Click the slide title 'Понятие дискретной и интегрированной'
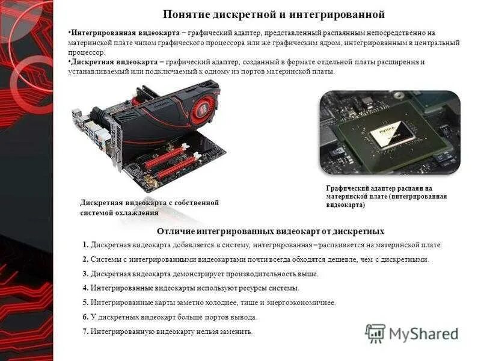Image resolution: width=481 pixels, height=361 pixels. point(274,14)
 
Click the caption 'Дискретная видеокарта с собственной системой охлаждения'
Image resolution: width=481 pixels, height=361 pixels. point(149,208)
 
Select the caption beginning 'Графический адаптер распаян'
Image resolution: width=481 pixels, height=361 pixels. point(387,197)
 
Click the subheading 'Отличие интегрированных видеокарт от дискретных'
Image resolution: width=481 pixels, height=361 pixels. point(270,231)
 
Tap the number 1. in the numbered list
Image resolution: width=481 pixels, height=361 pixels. point(86,245)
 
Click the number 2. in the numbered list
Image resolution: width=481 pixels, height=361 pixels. point(86,260)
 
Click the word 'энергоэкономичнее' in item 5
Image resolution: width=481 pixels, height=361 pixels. point(305,303)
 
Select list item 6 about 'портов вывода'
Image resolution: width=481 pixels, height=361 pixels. point(174,317)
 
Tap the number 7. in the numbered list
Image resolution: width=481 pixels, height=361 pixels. point(86,332)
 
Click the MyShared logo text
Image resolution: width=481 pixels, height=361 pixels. point(424,334)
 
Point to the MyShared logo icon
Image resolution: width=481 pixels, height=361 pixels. point(375,333)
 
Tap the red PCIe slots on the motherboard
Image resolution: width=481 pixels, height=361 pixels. point(165,162)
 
